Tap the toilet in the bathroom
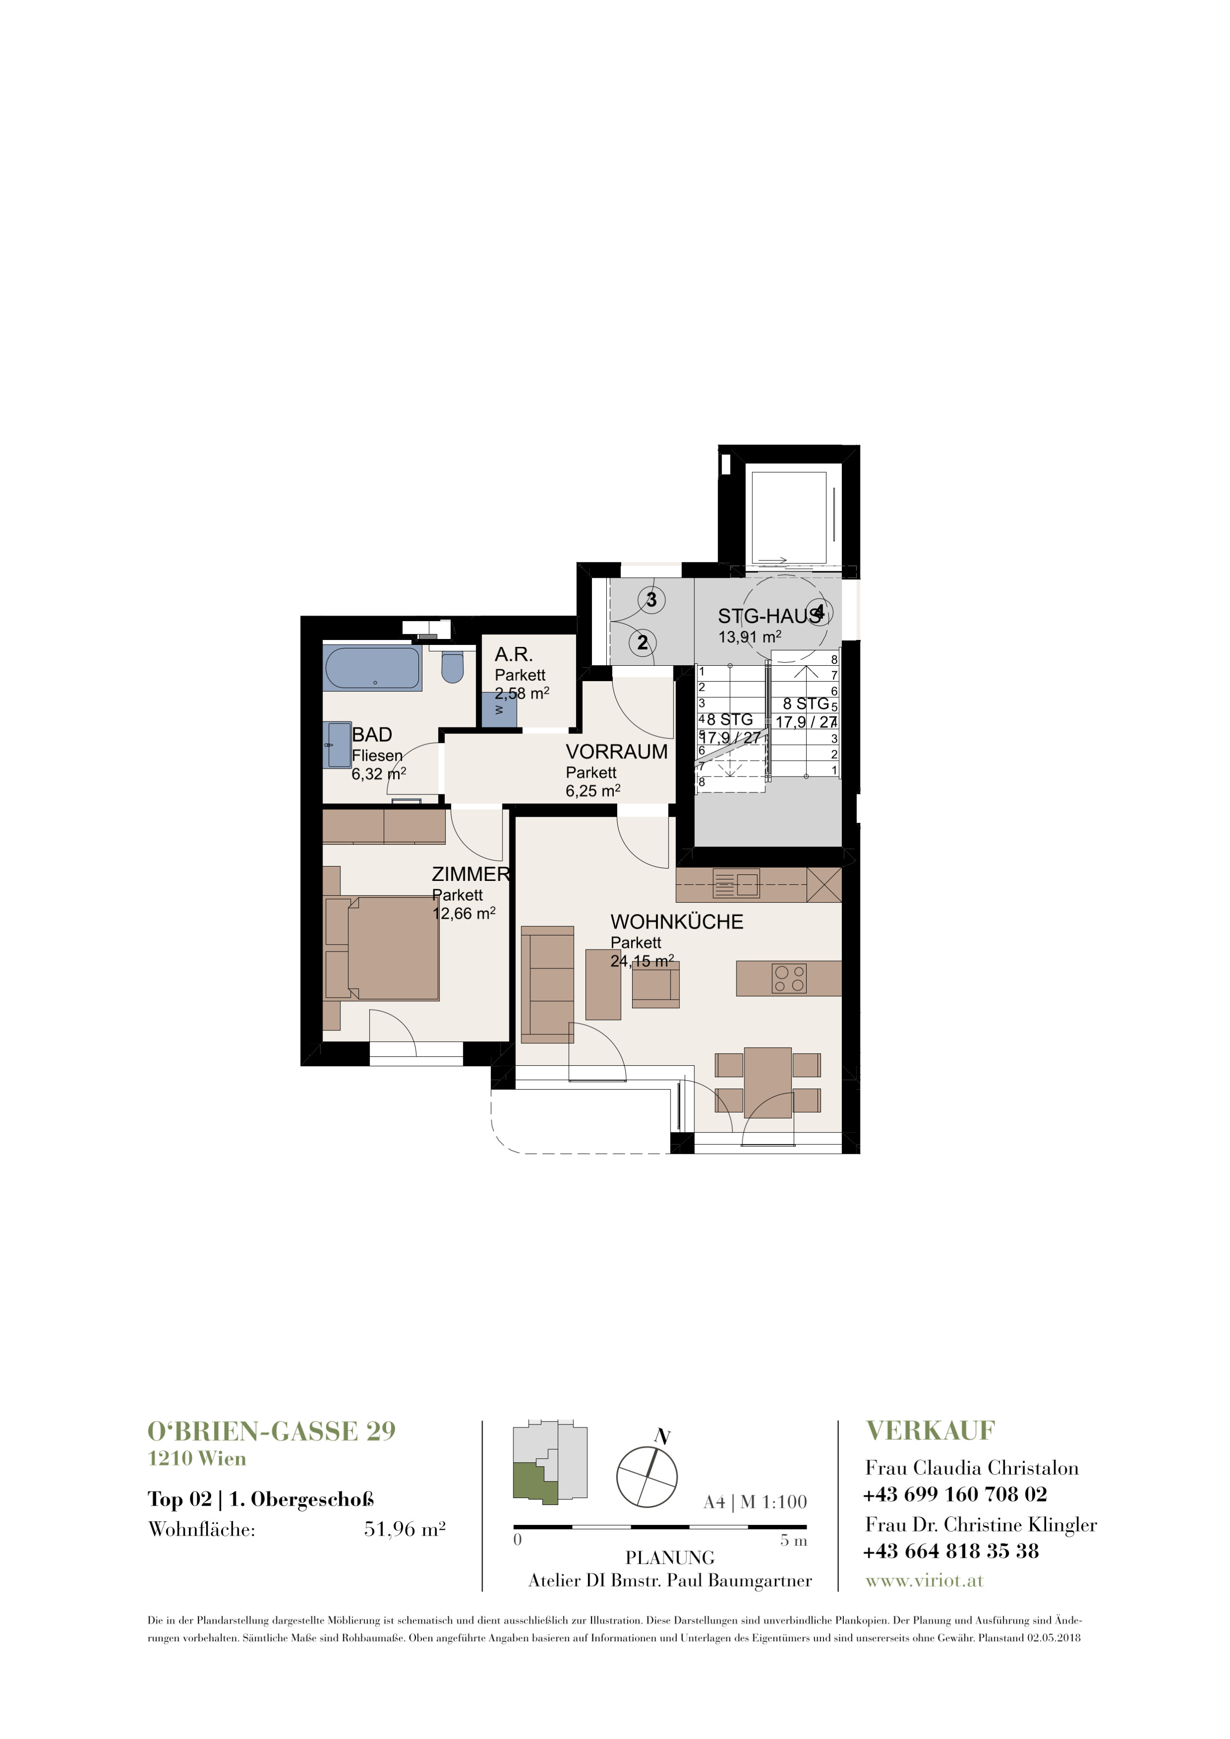(452, 666)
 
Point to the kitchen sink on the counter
(737, 884)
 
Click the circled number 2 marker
(642, 643)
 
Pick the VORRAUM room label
(617, 752)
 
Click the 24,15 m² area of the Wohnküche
(642, 961)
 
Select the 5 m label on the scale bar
(794, 1541)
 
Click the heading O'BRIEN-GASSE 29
(272, 1431)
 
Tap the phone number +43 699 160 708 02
(955, 1495)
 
